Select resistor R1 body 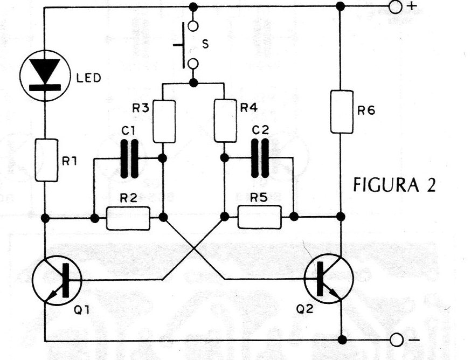pos(46,160)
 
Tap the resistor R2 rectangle pos(128,218)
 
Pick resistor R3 pos(164,121)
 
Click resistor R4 pos(225,121)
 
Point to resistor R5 pos(260,217)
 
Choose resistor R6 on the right pos(342,112)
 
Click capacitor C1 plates pos(129,158)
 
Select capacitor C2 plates pos(260,158)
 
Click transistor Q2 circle pos(329,279)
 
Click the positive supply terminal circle pos(395,7)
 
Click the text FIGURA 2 pos(394,184)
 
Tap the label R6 pos(366,111)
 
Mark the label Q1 pos(82,310)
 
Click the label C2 pos(260,130)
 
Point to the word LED pos(88,78)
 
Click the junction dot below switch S pos(194,82)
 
